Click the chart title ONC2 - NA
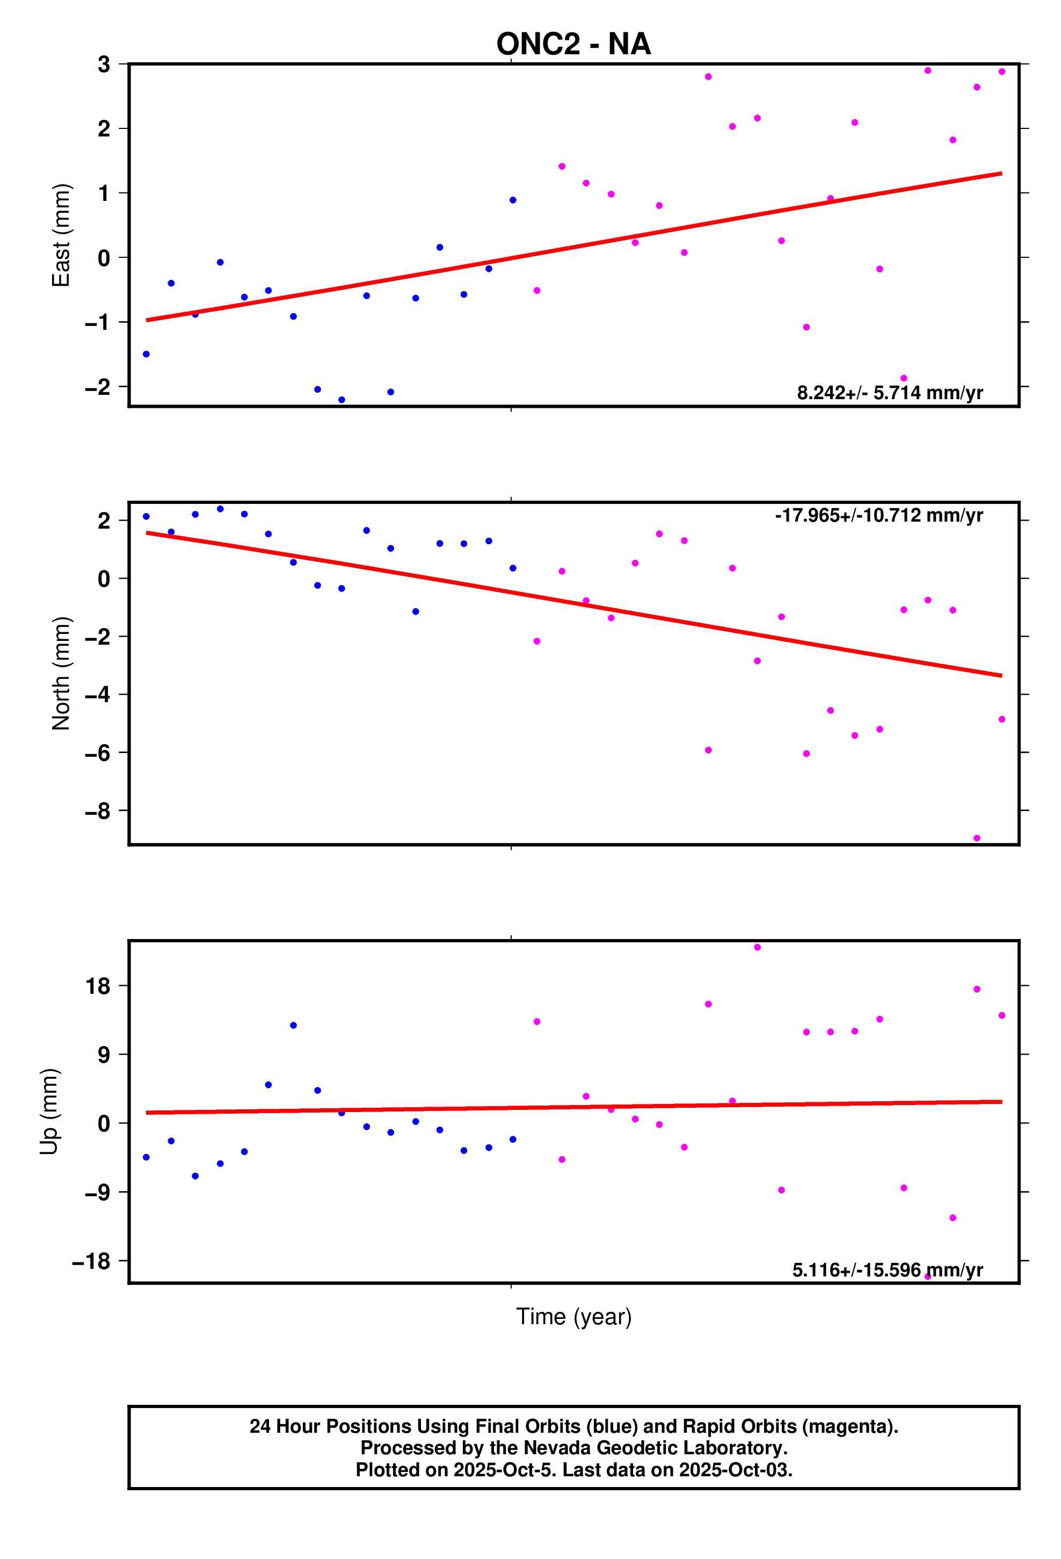(x=573, y=44)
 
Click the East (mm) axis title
(x=61, y=235)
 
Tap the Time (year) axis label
(x=573, y=1316)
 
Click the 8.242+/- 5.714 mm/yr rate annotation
(x=889, y=392)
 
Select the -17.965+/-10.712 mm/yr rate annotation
(x=878, y=515)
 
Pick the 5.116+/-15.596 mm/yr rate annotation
(x=887, y=1270)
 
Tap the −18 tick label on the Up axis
(x=91, y=1262)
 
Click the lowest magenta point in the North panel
(x=977, y=839)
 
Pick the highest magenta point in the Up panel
(x=757, y=947)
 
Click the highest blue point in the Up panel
(x=293, y=1025)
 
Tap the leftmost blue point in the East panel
(x=146, y=354)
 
